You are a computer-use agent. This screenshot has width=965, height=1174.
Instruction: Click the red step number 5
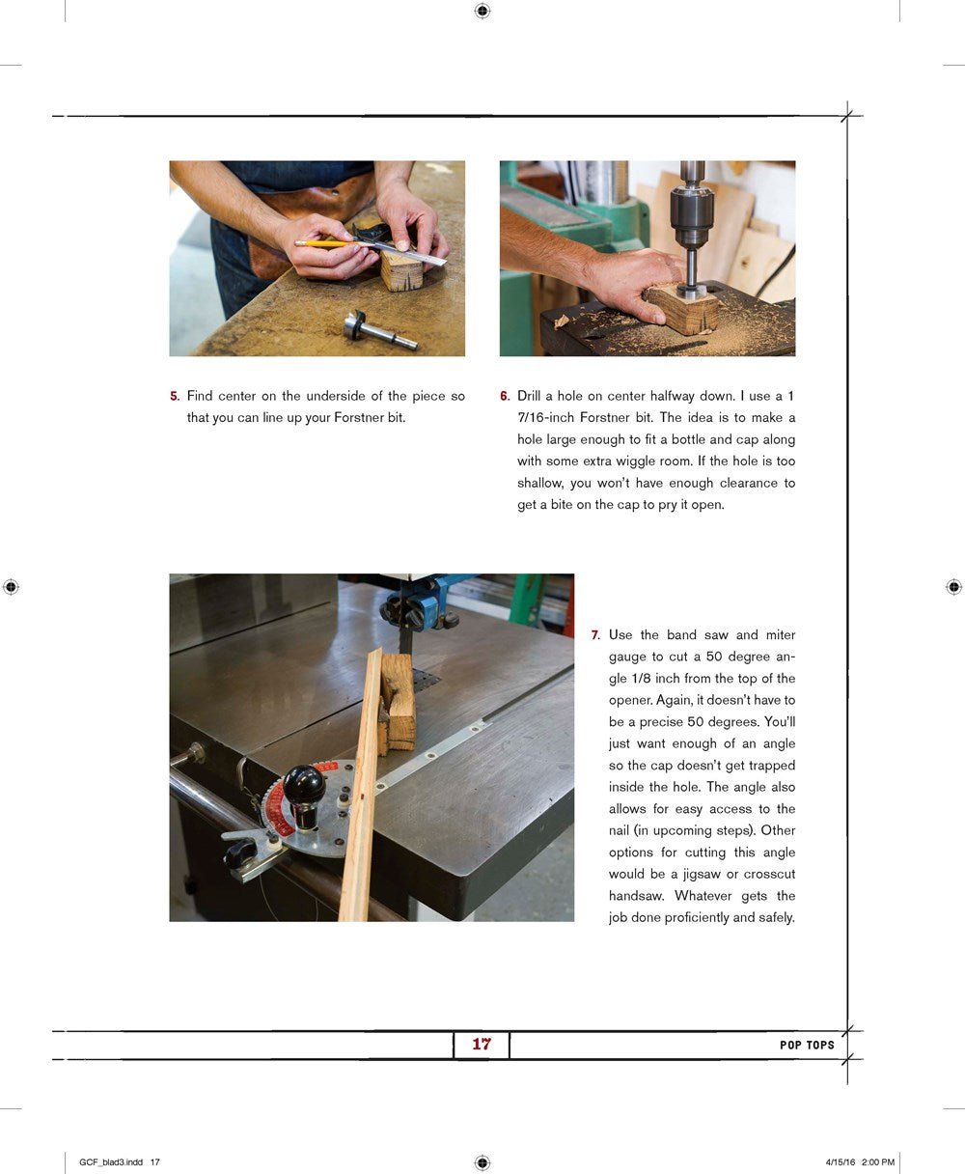(x=175, y=396)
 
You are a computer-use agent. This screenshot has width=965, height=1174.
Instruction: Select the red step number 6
(x=505, y=396)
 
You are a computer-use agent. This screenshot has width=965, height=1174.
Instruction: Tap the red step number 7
(x=596, y=635)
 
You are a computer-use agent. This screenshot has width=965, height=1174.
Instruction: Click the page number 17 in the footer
(x=482, y=1044)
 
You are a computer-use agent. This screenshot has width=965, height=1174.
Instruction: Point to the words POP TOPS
(x=807, y=1045)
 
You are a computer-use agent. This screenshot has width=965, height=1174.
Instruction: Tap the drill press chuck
(x=692, y=216)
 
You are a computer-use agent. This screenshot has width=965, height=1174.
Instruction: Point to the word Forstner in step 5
(x=355, y=417)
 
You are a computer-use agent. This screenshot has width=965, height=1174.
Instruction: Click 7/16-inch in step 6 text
(x=545, y=417)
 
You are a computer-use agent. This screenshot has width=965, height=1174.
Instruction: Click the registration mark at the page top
(x=482, y=12)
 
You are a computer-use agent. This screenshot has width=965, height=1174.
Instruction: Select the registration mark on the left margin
(x=11, y=587)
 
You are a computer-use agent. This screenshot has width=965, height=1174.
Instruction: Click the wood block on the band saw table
(x=398, y=704)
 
